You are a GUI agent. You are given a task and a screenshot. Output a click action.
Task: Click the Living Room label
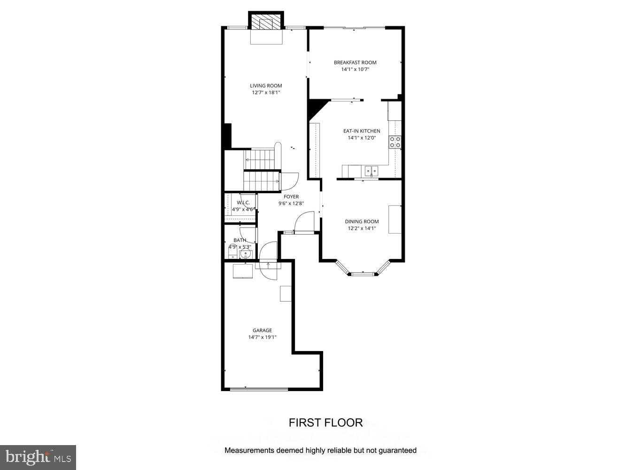click(x=266, y=86)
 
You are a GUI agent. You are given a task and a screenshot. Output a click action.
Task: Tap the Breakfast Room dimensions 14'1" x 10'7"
click(x=355, y=70)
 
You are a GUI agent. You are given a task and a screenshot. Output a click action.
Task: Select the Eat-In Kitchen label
click(x=362, y=131)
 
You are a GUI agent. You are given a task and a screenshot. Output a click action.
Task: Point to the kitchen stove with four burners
click(x=395, y=142)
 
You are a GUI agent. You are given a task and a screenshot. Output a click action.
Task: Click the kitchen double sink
click(x=371, y=170)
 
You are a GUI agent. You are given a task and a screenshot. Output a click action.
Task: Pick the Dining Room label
click(x=362, y=221)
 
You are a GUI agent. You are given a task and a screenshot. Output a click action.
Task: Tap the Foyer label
click(x=291, y=196)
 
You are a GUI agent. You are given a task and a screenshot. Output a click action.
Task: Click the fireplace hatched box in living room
click(x=266, y=23)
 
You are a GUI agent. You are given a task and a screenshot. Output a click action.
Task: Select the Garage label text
click(x=262, y=330)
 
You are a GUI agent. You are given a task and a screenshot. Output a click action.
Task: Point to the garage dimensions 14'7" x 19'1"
click(x=262, y=337)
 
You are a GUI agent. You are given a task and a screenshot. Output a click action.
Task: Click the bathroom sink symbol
click(x=245, y=254)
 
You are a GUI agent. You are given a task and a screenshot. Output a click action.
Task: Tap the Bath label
click(x=240, y=240)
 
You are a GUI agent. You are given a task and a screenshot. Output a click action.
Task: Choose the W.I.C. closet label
click(x=243, y=203)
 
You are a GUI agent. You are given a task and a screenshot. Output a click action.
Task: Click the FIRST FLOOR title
click(x=325, y=423)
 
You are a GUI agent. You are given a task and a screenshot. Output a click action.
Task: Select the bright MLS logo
click(x=38, y=457)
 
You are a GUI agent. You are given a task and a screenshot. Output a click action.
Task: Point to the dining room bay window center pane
click(x=363, y=273)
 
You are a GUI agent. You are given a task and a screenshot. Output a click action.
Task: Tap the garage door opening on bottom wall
click(x=259, y=389)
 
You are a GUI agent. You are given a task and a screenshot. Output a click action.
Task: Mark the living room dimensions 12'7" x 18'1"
click(x=266, y=93)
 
